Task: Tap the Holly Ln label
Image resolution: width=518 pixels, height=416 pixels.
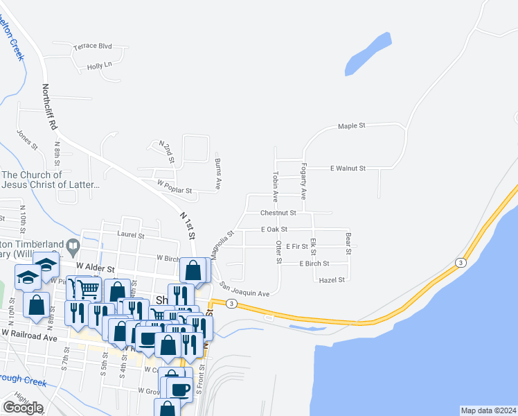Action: coord(100,67)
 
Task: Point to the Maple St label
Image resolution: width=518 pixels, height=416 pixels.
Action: coord(351,126)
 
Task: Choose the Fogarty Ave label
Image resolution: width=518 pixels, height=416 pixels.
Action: coord(303,179)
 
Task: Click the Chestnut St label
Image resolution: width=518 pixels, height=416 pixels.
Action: coord(278,213)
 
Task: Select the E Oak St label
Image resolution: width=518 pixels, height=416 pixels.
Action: coord(274,229)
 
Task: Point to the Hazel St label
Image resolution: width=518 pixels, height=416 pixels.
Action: coord(331,280)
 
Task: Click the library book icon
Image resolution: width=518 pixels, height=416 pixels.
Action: coord(73,245)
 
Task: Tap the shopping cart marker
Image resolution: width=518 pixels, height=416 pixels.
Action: coord(88,286)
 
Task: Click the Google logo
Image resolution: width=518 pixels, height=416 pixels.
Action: coord(23,408)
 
